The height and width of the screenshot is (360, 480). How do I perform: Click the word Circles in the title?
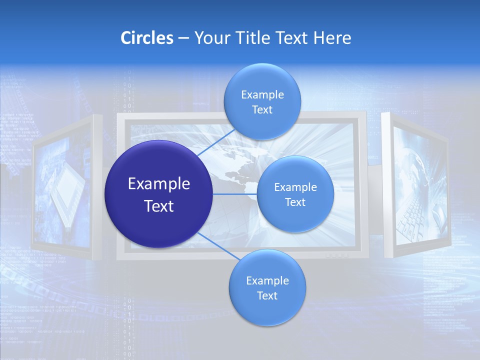click(x=147, y=38)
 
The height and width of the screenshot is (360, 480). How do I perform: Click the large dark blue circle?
click(x=158, y=194)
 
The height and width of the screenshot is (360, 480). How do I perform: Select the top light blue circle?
click(x=262, y=101)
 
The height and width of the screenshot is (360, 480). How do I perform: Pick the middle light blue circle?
click(x=295, y=194)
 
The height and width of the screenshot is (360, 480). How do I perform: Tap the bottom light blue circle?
click(x=267, y=287)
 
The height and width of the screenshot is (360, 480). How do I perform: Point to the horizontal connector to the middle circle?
click(x=234, y=194)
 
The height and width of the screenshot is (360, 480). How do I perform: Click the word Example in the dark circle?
click(x=158, y=183)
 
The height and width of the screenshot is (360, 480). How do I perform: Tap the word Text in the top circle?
click(x=262, y=110)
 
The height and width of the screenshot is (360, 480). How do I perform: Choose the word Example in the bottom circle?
click(x=267, y=280)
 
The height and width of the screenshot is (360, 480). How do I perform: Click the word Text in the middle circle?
click(x=295, y=202)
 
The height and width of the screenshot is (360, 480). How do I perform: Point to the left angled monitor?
click(x=65, y=187)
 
